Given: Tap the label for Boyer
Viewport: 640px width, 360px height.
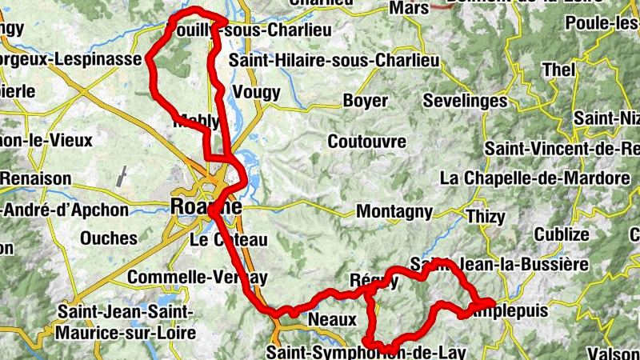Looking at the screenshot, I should tap(365, 102).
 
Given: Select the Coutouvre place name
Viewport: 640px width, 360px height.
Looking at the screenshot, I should tap(367, 142).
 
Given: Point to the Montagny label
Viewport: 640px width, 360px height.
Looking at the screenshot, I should tap(394, 212).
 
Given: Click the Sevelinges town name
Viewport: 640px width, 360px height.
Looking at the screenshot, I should tap(465, 102).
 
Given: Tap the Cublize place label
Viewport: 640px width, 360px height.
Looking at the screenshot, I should tap(561, 234).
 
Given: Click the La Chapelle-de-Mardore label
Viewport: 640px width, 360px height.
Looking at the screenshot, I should tap(535, 177).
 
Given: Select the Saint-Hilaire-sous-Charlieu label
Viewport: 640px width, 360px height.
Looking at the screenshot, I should tap(334, 61).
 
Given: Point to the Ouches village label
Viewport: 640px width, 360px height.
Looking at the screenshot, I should tap(109, 238).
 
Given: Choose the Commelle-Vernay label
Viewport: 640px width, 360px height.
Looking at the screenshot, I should tap(197, 277).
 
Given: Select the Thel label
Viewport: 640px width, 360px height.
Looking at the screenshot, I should tap(559, 70).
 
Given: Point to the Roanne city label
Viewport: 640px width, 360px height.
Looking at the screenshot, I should tap(206, 206).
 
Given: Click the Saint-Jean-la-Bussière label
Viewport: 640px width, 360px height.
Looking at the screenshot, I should tap(499, 264).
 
